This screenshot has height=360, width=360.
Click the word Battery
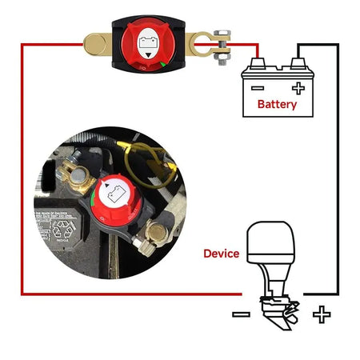tap(277, 104)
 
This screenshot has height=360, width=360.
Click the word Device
tap(222, 254)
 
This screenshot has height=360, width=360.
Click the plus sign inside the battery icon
tap(298, 88)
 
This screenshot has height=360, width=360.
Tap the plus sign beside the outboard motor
tap(322, 314)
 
